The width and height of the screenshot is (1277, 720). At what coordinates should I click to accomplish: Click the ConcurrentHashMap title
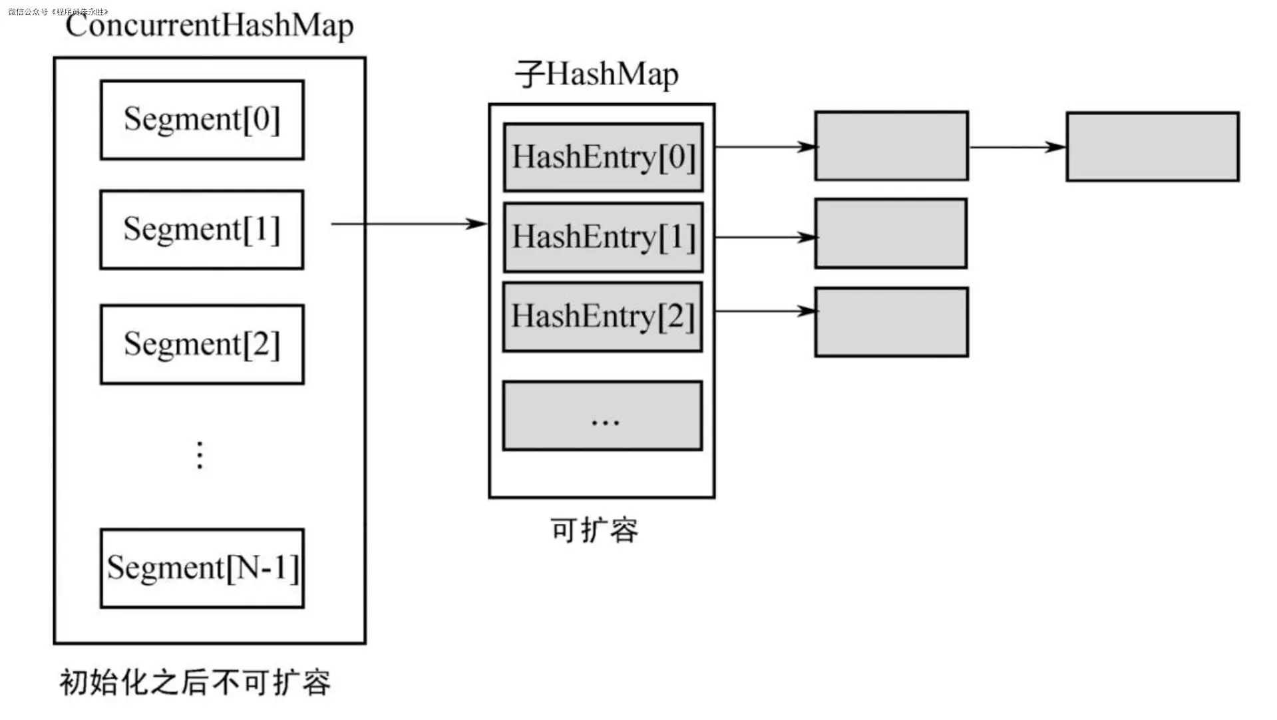[209, 25]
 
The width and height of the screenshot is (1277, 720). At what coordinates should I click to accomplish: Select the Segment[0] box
[202, 120]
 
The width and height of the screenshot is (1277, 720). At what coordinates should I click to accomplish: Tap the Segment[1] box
[202, 230]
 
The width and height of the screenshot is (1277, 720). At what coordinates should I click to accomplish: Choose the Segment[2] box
[202, 345]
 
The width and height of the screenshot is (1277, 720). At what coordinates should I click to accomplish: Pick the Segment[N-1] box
[202, 568]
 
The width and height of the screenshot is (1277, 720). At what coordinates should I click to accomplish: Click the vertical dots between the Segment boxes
[200, 455]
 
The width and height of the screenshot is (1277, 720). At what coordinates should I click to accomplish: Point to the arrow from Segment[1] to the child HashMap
[409, 224]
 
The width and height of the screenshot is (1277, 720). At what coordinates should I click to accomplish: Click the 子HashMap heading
[597, 74]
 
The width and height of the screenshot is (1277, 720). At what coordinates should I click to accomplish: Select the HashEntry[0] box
[603, 157]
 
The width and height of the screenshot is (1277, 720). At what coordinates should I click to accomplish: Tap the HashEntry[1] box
[603, 237]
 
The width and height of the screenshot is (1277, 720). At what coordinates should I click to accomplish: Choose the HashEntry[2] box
[602, 317]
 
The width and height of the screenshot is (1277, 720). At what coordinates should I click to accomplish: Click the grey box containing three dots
[602, 416]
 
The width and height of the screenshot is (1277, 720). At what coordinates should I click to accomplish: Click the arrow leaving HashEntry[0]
[765, 146]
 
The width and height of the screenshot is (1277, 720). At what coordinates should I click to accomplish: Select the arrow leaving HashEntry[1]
[765, 237]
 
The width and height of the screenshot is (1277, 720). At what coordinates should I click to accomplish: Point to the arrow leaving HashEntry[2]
[765, 311]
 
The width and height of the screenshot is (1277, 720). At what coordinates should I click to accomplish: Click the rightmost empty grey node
[1152, 146]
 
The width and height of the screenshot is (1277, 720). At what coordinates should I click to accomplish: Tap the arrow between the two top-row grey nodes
[1017, 147]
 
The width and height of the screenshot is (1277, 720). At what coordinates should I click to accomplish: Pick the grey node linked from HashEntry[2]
[891, 322]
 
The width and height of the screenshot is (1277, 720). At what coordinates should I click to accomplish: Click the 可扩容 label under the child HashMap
[594, 530]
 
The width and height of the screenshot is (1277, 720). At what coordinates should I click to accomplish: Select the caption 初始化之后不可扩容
[195, 683]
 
